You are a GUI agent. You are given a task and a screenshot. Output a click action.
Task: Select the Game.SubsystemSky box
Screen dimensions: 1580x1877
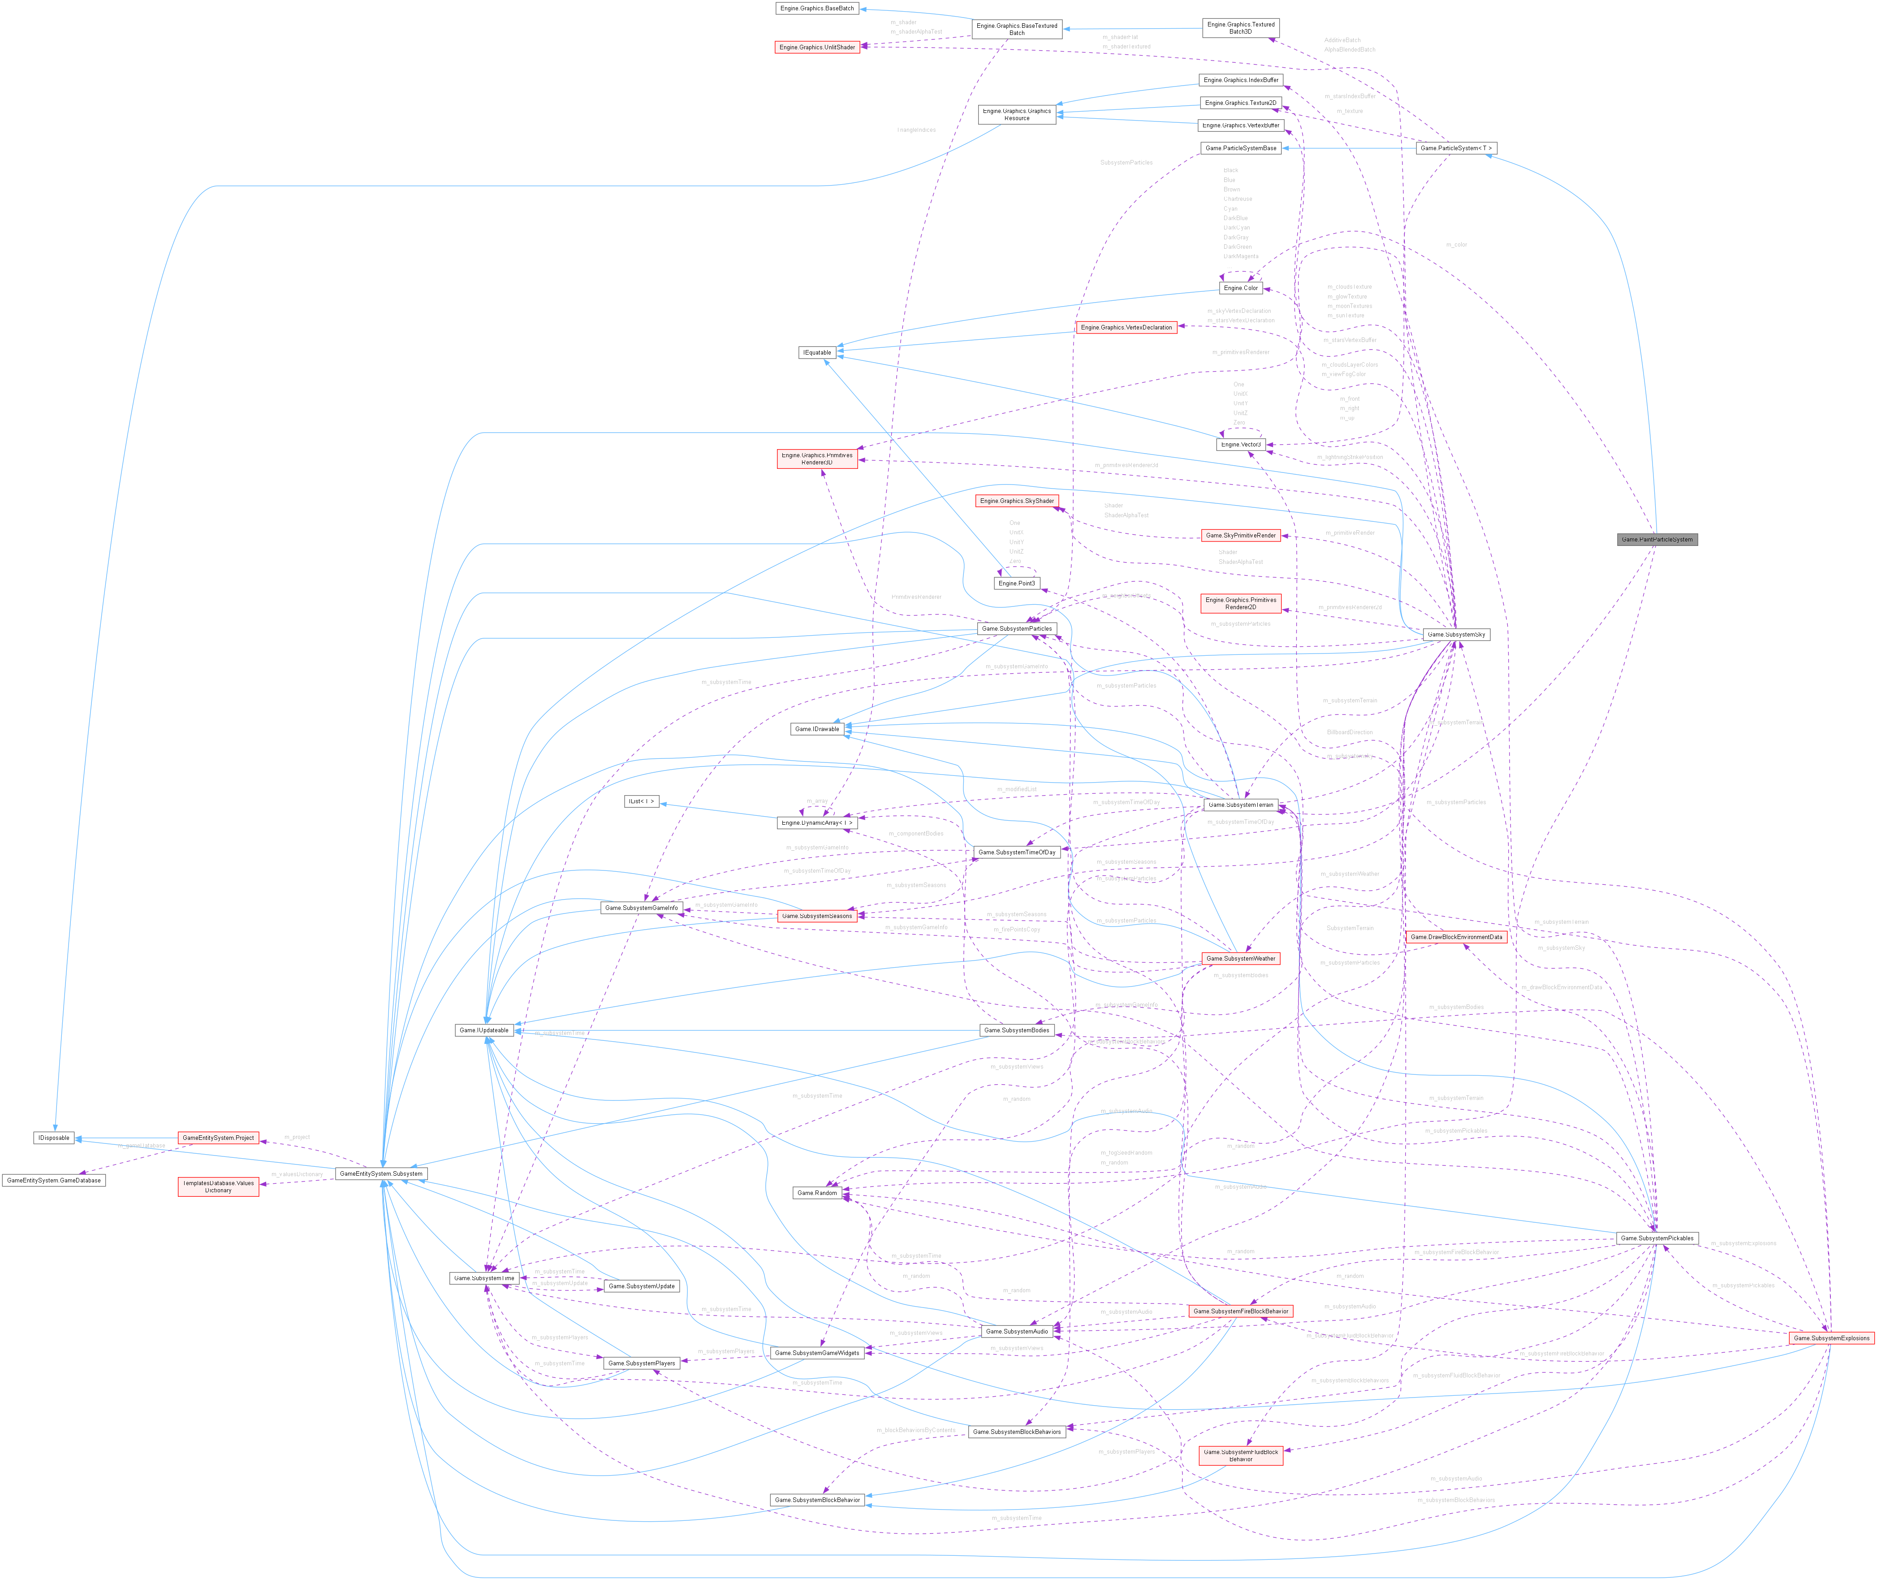coord(1456,634)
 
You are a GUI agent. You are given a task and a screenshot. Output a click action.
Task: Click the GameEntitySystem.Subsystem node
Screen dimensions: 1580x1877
coord(381,1173)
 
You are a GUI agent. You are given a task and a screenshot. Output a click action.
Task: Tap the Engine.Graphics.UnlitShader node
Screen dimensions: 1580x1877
coord(817,47)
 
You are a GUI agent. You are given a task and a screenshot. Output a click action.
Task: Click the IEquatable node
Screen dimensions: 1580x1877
coord(817,352)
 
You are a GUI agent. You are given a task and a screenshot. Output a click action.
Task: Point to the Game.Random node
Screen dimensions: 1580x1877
coord(817,1193)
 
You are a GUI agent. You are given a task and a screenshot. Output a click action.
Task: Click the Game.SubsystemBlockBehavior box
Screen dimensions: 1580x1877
coord(817,1499)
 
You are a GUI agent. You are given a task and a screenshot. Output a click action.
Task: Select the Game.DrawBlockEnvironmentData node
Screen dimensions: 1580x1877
coord(1456,937)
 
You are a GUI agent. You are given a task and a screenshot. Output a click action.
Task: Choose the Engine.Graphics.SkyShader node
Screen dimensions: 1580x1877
coord(1016,501)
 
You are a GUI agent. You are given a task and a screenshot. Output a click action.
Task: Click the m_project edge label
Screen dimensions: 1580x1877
coord(297,1137)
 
